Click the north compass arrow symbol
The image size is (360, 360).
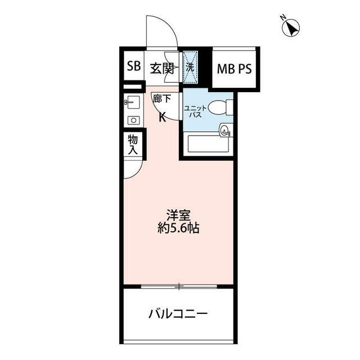pyautogui.click(x=291, y=26)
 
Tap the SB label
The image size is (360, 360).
pyautogui.click(x=133, y=67)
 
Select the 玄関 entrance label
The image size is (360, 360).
pyautogui.click(x=161, y=68)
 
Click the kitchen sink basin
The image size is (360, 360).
pyautogui.click(x=132, y=103)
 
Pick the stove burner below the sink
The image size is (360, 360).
pyautogui.click(x=133, y=120)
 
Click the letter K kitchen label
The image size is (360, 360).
pyautogui.click(x=162, y=117)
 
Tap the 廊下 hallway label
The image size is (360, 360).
pyautogui.click(x=161, y=99)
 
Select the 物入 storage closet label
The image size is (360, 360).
pyautogui.click(x=133, y=144)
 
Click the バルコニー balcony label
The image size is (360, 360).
pyautogui.click(x=178, y=313)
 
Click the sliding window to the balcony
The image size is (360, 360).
pyautogui.click(x=178, y=286)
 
